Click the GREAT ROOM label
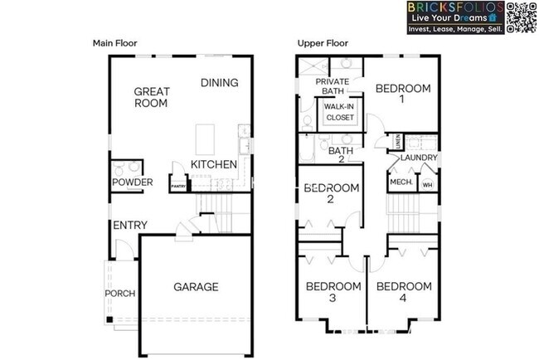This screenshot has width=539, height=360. coord(152,98)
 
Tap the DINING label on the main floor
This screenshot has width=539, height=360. coord(220,83)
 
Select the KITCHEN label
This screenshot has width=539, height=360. coord(214,165)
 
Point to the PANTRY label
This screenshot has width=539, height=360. coord(177,187)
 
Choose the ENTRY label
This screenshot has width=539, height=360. coord(130,226)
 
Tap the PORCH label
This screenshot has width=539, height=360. coord(119,294)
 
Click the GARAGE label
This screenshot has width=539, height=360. coord(196,287)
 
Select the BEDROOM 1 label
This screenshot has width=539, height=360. coord(403,94)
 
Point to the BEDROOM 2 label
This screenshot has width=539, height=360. coord(331,193)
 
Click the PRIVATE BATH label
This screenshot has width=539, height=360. coord(333,86)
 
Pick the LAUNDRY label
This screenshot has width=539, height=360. coord(418,158)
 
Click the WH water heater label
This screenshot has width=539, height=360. coord(427,183)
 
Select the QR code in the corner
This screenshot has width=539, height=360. coord(519,17)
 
